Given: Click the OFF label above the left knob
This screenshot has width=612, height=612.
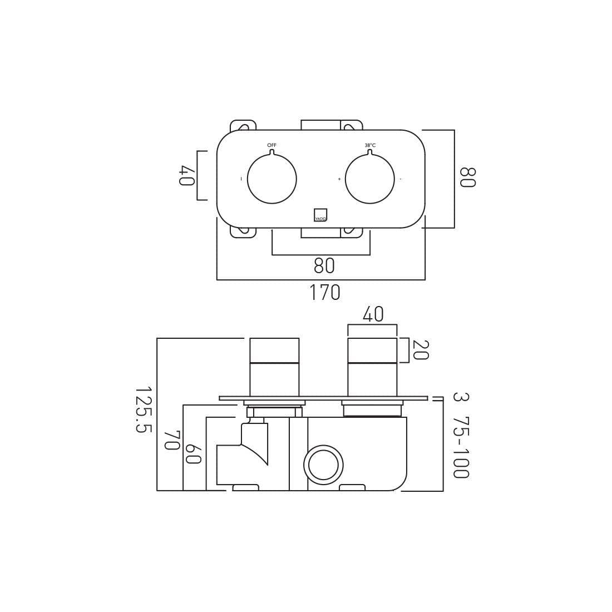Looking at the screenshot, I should pyautogui.click(x=272, y=145).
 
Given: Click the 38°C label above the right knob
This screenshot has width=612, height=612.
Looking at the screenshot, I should pyautogui.click(x=370, y=145).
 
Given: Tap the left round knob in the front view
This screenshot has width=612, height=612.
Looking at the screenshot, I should pyautogui.click(x=272, y=179).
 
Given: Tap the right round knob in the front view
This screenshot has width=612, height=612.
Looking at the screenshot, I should pyautogui.click(x=370, y=179).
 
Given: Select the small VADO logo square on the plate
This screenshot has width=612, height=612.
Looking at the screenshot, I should pyautogui.click(x=320, y=215).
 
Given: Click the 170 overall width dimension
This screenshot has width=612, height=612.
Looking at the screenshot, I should pyautogui.click(x=324, y=292).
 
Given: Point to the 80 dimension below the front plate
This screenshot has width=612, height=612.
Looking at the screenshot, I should pyautogui.click(x=324, y=265).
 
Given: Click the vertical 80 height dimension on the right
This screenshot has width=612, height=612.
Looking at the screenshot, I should pyautogui.click(x=467, y=177).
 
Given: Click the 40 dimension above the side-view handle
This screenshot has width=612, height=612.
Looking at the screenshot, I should pyautogui.click(x=373, y=314).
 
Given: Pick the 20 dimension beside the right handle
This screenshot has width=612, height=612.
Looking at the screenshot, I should pyautogui.click(x=420, y=350).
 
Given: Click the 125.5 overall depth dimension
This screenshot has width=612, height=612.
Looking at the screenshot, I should pyautogui.click(x=143, y=410).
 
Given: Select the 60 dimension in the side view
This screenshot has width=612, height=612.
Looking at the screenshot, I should pyautogui.click(x=193, y=453).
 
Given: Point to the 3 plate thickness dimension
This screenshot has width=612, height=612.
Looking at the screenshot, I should pyautogui.click(x=460, y=397).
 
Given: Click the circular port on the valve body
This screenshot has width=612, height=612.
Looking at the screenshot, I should pyautogui.click(x=323, y=465).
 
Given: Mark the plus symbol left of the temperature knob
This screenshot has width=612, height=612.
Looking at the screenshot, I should pyautogui.click(x=339, y=179).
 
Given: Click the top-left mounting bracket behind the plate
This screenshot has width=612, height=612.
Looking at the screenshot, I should pyautogui.click(x=243, y=125).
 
